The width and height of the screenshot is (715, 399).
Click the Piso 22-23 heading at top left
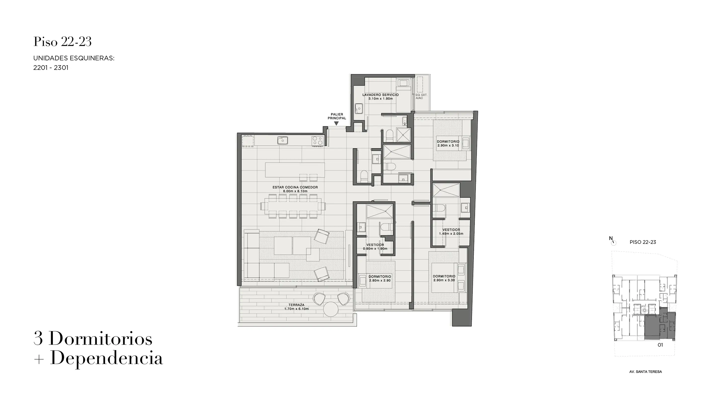(x=63, y=42)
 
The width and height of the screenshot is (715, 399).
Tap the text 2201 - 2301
(x=51, y=68)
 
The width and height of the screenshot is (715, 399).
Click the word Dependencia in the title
(x=106, y=358)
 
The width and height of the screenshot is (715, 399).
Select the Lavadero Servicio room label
(x=381, y=97)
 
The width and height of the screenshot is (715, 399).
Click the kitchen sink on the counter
(x=283, y=140)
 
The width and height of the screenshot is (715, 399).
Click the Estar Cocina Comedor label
(x=295, y=189)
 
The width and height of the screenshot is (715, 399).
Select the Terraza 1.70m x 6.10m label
(x=296, y=307)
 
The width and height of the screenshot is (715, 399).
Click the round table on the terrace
(x=331, y=309)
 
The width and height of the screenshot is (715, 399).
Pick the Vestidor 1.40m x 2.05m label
(x=451, y=232)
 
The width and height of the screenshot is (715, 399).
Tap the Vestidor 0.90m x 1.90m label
(x=375, y=247)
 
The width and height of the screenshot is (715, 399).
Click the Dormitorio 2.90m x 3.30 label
(x=444, y=278)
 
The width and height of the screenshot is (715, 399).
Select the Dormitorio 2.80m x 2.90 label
(x=380, y=278)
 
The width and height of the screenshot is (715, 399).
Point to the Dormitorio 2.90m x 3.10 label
(x=448, y=143)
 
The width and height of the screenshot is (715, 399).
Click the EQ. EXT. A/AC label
(x=421, y=96)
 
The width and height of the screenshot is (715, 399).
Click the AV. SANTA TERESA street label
(x=645, y=371)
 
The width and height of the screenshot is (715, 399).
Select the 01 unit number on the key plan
(x=660, y=345)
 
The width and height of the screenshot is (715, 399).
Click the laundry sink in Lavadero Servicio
(x=358, y=108)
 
